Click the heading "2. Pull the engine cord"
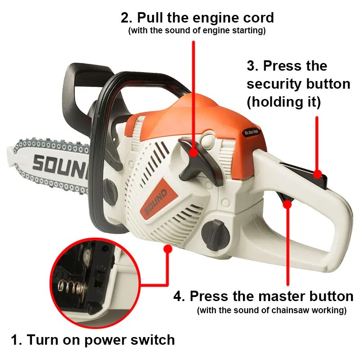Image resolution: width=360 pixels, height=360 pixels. [197, 18]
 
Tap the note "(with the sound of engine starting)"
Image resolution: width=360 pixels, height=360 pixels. [197, 31]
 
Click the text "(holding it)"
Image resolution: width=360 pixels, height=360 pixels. [283, 102]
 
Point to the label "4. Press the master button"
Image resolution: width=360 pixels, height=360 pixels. [263, 296]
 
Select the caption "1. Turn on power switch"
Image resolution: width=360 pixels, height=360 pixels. [93, 339]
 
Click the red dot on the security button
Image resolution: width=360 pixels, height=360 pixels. [318, 174]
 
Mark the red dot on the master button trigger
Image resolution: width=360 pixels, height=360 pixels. [287, 204]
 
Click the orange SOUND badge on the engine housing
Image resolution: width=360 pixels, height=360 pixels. [156, 201]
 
